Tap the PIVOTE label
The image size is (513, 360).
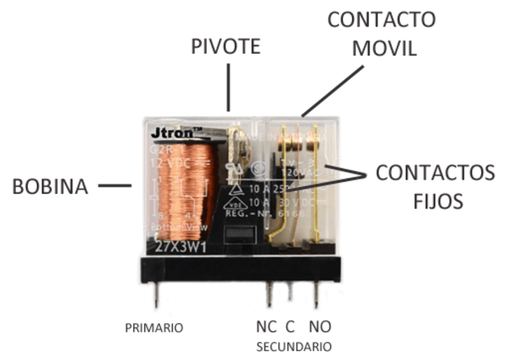pos(225,47)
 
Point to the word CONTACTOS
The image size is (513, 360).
pos(435,172)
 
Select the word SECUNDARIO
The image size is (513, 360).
pos(293,347)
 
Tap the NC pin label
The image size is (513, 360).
pos(267,326)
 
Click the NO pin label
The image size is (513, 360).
pos(318,326)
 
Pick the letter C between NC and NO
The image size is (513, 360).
pos(290,326)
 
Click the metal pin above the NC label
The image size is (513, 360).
pos(269,294)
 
